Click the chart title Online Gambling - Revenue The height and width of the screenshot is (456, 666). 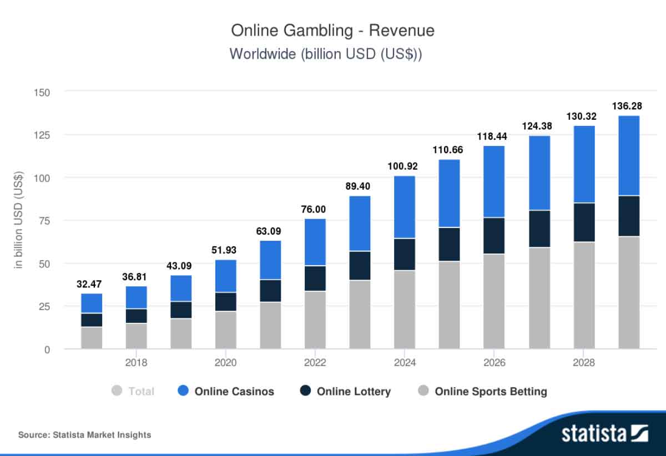[x=332, y=31]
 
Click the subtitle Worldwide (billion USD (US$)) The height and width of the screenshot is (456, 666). [x=326, y=54]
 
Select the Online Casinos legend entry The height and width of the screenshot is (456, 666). [x=234, y=391]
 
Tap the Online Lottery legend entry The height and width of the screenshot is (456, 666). [x=354, y=391]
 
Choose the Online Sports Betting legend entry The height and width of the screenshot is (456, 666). [x=490, y=391]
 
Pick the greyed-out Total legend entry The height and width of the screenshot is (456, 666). [x=140, y=391]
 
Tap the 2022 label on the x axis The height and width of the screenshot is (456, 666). [x=315, y=363]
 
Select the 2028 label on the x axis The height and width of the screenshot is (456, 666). [x=584, y=363]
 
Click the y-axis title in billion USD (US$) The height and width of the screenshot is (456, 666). [x=19, y=220]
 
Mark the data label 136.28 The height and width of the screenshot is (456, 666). [x=628, y=105]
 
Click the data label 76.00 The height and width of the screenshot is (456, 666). [x=315, y=209]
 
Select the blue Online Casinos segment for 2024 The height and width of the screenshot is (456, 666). [x=405, y=207]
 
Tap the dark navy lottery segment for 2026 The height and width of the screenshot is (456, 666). [x=494, y=235]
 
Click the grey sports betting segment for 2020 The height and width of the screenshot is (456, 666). [x=226, y=330]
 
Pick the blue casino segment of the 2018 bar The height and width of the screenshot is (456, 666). [x=137, y=297]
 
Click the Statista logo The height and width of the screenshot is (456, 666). [x=605, y=433]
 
